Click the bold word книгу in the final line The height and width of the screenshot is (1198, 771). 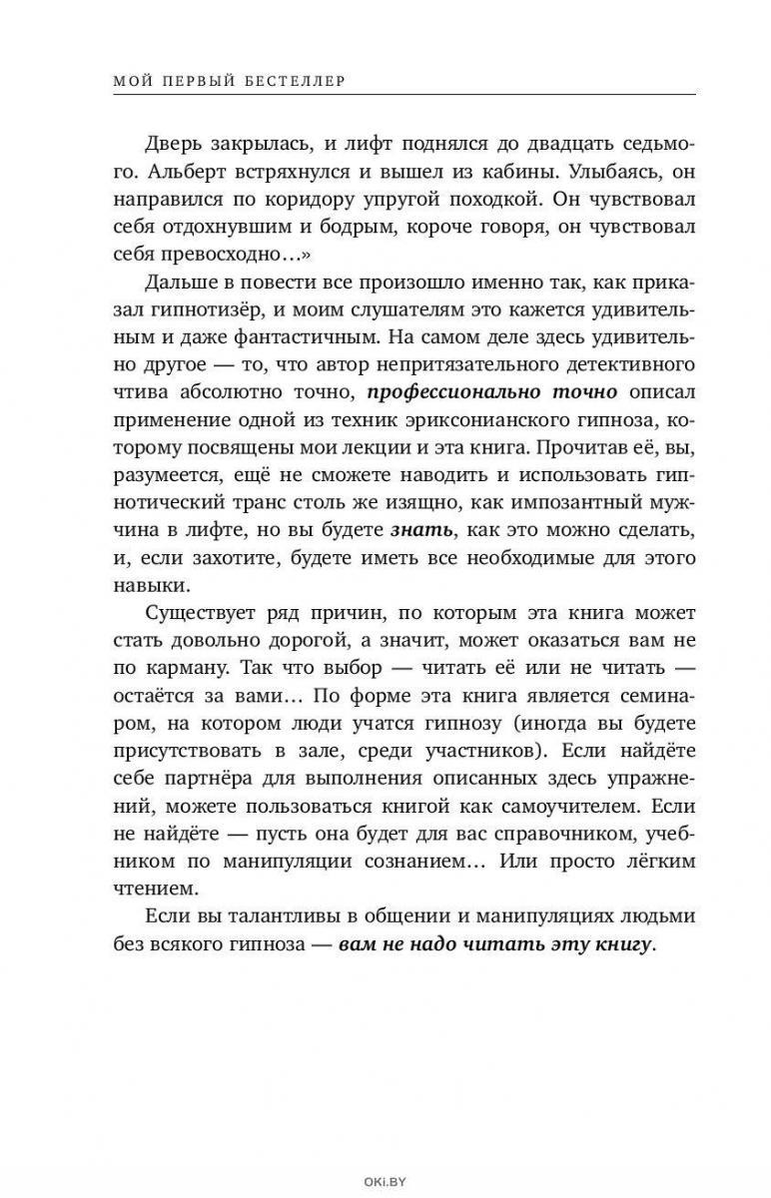[x=621, y=942]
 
